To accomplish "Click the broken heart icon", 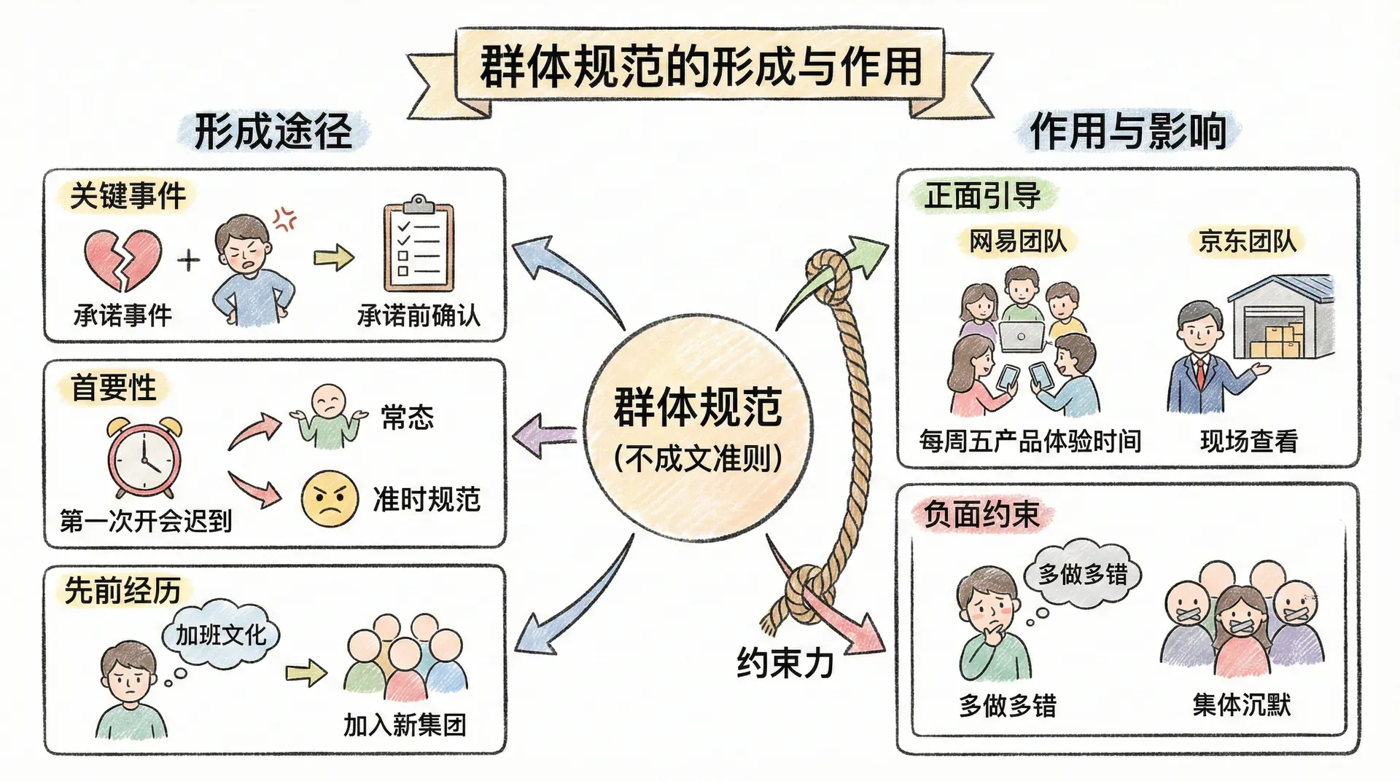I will [x=122, y=259].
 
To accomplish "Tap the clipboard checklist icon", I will [x=419, y=246].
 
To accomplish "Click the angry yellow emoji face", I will [x=330, y=498].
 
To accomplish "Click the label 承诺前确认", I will [x=419, y=315].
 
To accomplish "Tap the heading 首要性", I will [x=114, y=387].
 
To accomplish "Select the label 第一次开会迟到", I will [x=146, y=520].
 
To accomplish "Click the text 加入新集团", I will [x=404, y=725].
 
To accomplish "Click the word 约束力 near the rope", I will [x=785, y=662].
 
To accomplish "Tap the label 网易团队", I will [x=1018, y=241].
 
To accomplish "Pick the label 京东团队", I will [x=1247, y=241].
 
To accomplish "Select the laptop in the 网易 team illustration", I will [x=1021, y=336].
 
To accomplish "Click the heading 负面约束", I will [x=981, y=514].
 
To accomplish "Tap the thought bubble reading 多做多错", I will [x=1083, y=574].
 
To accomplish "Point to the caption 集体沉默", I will [x=1242, y=705].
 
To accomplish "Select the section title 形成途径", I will [x=273, y=132].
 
